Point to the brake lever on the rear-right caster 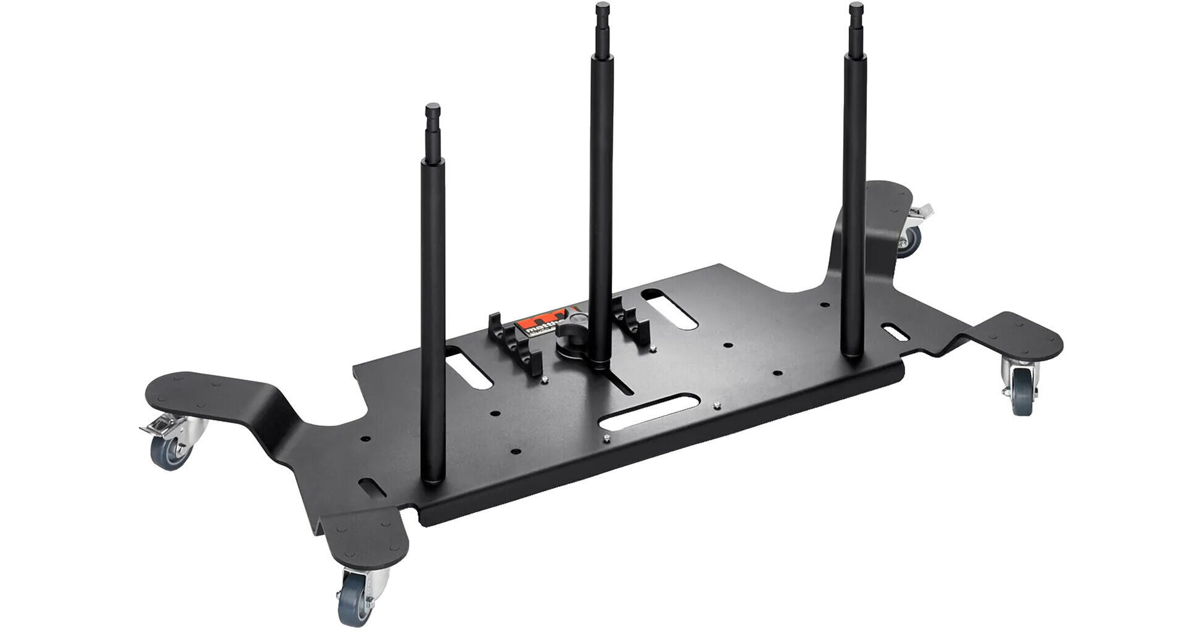click(921, 214)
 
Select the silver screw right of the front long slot click(716, 405)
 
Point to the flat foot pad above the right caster click(1018, 337)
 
